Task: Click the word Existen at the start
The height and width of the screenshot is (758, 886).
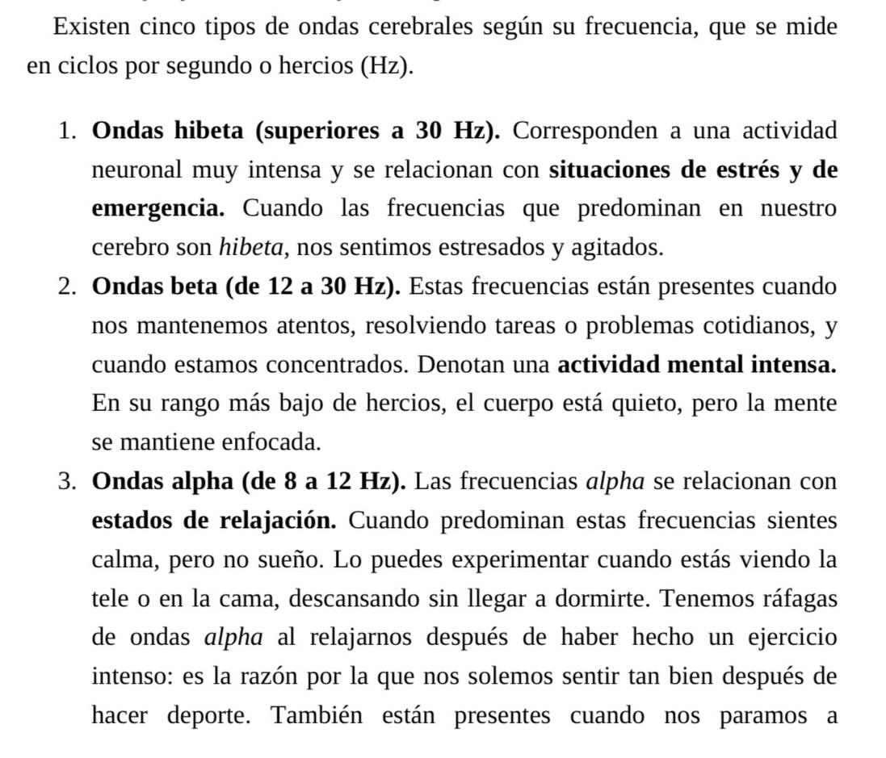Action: (x=90, y=27)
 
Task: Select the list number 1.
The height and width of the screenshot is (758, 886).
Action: (x=67, y=131)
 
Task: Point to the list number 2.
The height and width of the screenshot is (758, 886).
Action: (x=67, y=287)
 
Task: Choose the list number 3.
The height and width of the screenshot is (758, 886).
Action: (x=67, y=482)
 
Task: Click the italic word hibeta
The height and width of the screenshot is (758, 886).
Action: (x=250, y=248)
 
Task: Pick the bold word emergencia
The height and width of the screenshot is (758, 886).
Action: (x=157, y=209)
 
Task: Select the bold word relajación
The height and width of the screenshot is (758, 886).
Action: (x=278, y=521)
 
